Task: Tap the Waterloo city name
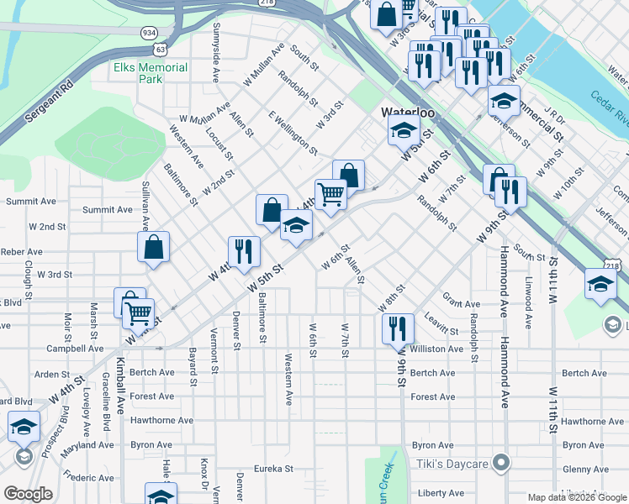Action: click(x=407, y=113)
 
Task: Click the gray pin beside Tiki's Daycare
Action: click(x=502, y=463)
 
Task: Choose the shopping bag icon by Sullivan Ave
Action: click(x=153, y=247)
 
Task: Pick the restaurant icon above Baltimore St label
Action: click(x=244, y=251)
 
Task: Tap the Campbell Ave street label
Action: click(x=75, y=349)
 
